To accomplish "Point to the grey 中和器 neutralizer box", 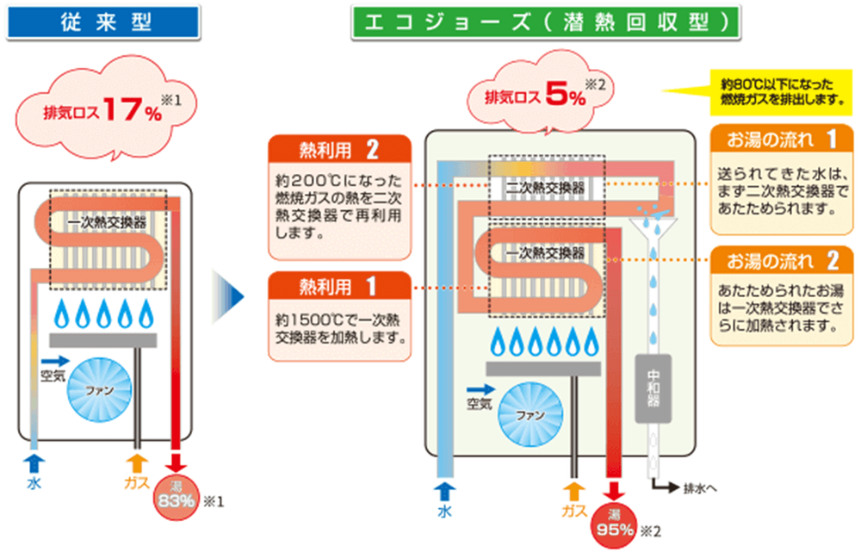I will coord(652,388).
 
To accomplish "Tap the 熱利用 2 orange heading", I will coord(338,151).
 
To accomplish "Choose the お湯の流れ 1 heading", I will coord(782,139).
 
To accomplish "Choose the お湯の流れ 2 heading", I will coord(782,259).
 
